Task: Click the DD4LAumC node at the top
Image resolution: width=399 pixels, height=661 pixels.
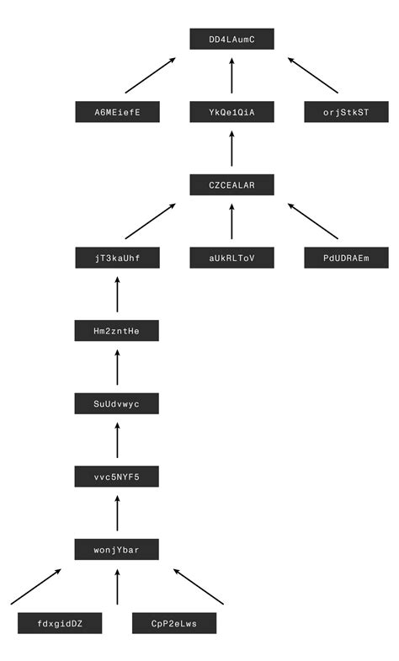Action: coord(231,39)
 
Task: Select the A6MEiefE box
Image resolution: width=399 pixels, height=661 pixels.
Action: coord(117,112)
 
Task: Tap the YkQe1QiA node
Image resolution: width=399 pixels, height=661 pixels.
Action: coord(231,112)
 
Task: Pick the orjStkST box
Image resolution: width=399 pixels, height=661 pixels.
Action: coord(346,112)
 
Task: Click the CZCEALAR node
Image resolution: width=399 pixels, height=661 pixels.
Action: coord(231,184)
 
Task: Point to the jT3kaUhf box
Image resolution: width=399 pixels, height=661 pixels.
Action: coord(117,258)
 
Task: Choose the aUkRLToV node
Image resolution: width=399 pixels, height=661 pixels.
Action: coord(231,258)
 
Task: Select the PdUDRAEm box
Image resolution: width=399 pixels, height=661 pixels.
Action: coord(346,258)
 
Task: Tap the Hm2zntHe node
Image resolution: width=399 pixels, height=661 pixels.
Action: coord(117,331)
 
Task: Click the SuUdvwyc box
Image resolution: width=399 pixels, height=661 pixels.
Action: coord(117,403)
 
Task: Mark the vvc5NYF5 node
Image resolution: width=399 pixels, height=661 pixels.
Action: coord(117,477)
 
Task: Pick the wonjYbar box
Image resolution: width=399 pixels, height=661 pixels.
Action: coord(117,550)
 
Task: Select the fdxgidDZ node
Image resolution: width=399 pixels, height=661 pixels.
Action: coord(60,623)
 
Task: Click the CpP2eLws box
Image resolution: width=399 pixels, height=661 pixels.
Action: coord(174,623)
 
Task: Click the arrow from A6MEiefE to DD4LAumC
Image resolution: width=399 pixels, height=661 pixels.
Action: coord(151,76)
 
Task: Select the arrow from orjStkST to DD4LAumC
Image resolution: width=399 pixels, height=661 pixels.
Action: coord(313,76)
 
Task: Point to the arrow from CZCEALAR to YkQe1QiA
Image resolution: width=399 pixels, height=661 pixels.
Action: coord(231,148)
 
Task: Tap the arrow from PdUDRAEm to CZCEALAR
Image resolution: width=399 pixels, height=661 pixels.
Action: coord(313,221)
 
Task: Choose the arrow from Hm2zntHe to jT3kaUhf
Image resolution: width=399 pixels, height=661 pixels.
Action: coord(117,294)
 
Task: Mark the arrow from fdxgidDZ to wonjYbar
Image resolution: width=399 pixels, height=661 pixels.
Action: coord(36,587)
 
